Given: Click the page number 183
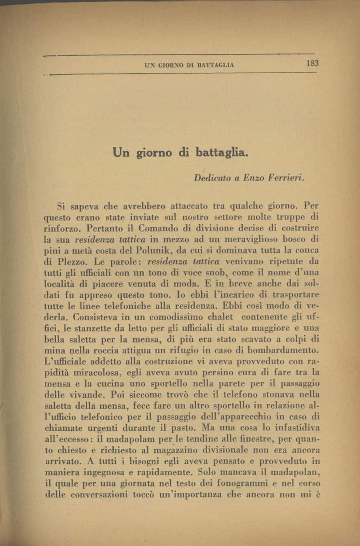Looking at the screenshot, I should (313, 63).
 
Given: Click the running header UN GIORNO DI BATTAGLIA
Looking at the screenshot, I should (189, 65).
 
